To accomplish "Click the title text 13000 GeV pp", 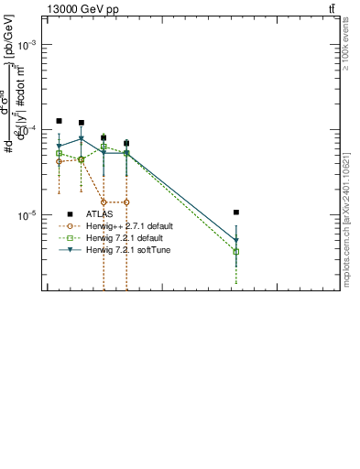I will [x=82, y=9].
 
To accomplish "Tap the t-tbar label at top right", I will [x=332, y=9].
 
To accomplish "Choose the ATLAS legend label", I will [x=100, y=213].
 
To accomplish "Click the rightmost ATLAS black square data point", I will [x=236, y=213].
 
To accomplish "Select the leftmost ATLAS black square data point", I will [x=59, y=121].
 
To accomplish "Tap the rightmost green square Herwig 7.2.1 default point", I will [x=236, y=252].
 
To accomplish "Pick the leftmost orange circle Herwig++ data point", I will [x=59, y=161].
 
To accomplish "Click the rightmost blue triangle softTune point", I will [x=236, y=241].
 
